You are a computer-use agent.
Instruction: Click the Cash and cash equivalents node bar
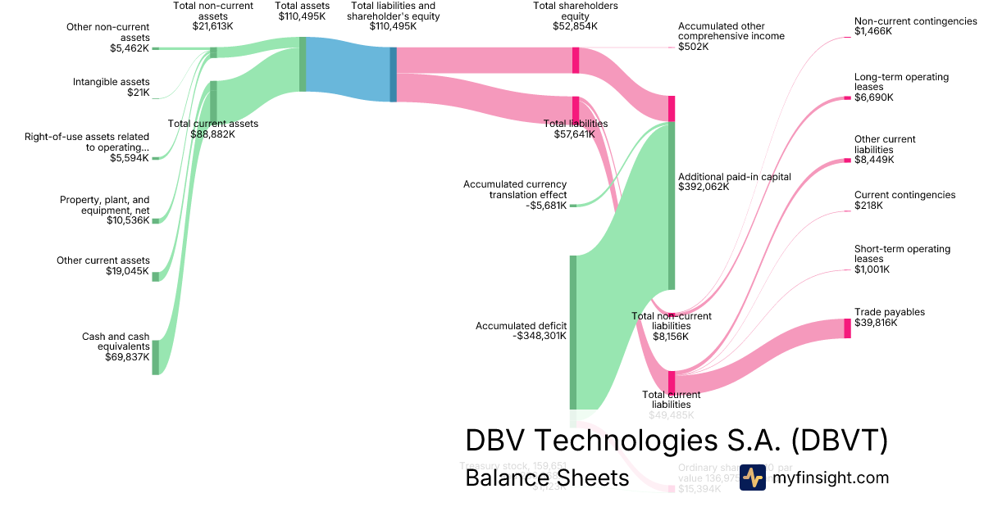pos(155,357)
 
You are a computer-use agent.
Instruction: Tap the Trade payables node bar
pos(847,328)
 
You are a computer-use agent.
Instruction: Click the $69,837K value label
pos(127,357)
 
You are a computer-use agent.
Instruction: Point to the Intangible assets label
pos(111,82)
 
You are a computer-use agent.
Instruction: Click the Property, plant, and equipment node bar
pos(155,220)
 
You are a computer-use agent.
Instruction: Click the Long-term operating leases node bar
pos(847,97)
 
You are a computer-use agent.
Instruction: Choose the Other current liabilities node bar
pos(847,161)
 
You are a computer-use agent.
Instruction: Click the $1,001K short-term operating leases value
pos(872,269)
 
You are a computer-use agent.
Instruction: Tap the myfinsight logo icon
pos(752,478)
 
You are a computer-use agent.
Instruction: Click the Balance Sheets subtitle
pos(547,478)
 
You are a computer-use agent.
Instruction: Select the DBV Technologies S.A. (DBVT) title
pos(676,440)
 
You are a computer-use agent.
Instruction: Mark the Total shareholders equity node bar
pos(576,61)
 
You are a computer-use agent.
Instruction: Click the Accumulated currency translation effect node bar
pos(573,205)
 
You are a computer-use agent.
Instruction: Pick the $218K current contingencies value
pos(868,206)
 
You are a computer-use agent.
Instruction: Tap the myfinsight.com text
pos(831,478)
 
